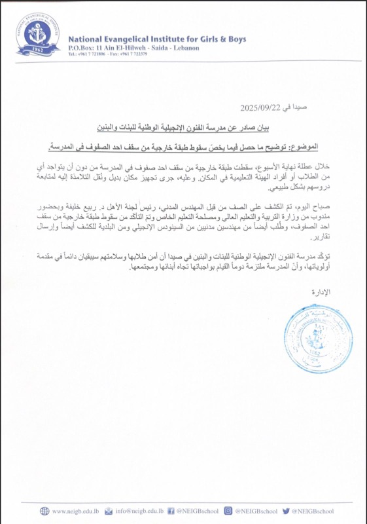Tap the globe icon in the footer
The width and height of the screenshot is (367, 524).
44,510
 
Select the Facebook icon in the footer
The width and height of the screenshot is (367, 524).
169,510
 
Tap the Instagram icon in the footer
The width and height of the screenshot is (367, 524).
228,510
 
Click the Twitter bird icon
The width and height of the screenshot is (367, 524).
286,510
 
